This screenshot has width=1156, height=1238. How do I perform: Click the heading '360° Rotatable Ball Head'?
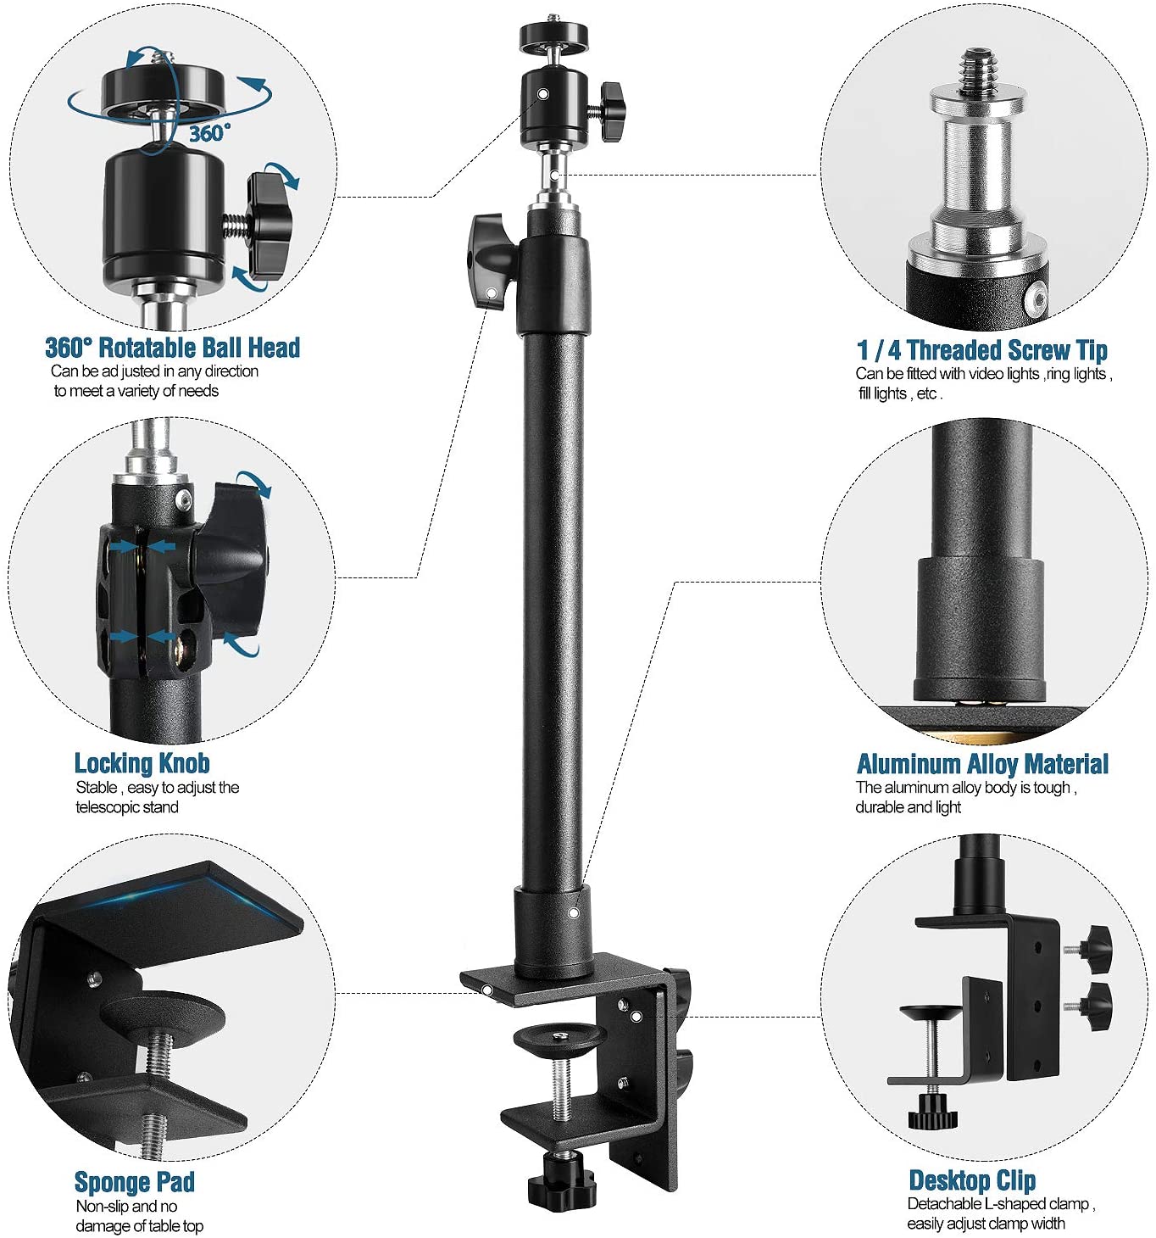click(x=172, y=348)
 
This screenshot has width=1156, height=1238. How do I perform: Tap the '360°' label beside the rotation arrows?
click(x=208, y=133)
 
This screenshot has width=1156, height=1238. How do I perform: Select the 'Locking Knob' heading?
click(x=142, y=763)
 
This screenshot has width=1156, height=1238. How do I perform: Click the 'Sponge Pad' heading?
click(x=135, y=1181)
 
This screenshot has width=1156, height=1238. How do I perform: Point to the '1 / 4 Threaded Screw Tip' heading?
click(x=981, y=350)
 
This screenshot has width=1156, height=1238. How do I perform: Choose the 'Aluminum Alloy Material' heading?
click(x=982, y=764)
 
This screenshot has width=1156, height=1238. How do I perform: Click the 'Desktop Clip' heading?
click(x=972, y=1179)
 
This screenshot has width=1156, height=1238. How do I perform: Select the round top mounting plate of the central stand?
click(x=553, y=36)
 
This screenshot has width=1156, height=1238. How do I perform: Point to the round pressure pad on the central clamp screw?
click(x=559, y=1040)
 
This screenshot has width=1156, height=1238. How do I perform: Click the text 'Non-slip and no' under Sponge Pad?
click(x=126, y=1206)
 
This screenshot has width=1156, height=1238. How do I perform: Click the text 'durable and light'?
click(x=908, y=807)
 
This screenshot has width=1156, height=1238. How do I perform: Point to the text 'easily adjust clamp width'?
click(x=986, y=1224)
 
